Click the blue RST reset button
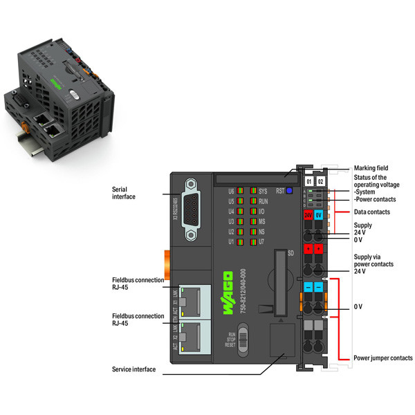[x=289, y=190]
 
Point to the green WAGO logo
[x=228, y=295]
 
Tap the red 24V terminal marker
[x=308, y=215]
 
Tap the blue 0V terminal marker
[x=320, y=215]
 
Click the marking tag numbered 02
[x=320, y=181]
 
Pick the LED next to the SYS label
[x=254, y=190]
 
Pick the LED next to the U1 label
[x=239, y=242]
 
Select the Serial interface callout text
[x=124, y=192]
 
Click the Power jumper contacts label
[x=382, y=358]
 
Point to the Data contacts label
[x=372, y=212]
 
